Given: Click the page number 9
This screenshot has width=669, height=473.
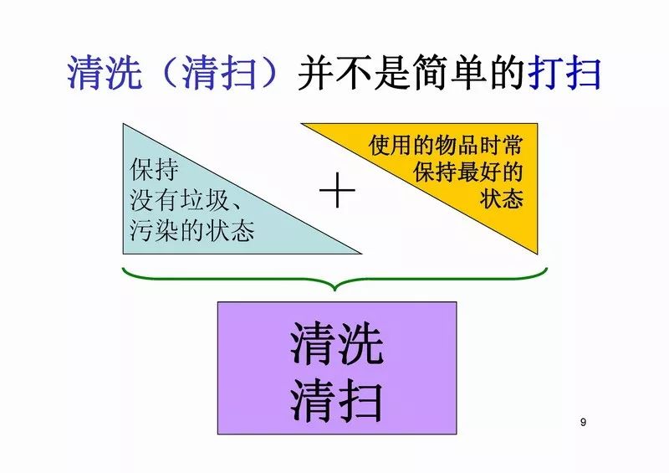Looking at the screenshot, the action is pyautogui.click(x=583, y=422).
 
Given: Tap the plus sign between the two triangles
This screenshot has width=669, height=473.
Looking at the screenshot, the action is pyautogui.click(x=337, y=193).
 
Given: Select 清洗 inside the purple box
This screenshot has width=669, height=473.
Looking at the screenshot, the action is pyautogui.click(x=337, y=345).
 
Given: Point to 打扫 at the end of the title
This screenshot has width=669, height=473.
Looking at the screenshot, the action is pyautogui.click(x=565, y=74).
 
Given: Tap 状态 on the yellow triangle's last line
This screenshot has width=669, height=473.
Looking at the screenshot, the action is pyautogui.click(x=502, y=201).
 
